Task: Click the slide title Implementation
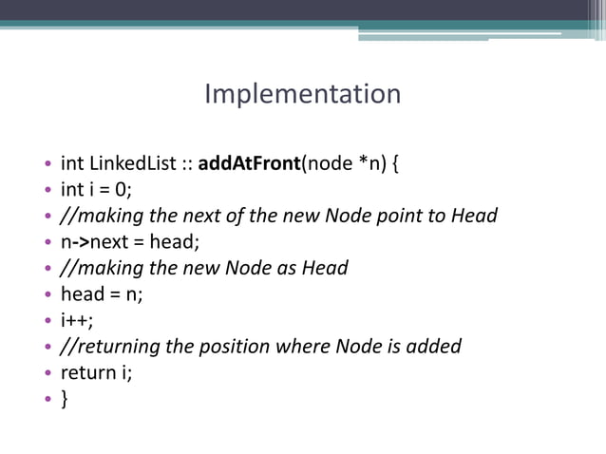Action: coord(302,95)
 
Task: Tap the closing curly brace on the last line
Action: coord(65,399)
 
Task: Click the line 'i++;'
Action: coord(78,320)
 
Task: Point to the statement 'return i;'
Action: coord(96,372)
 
